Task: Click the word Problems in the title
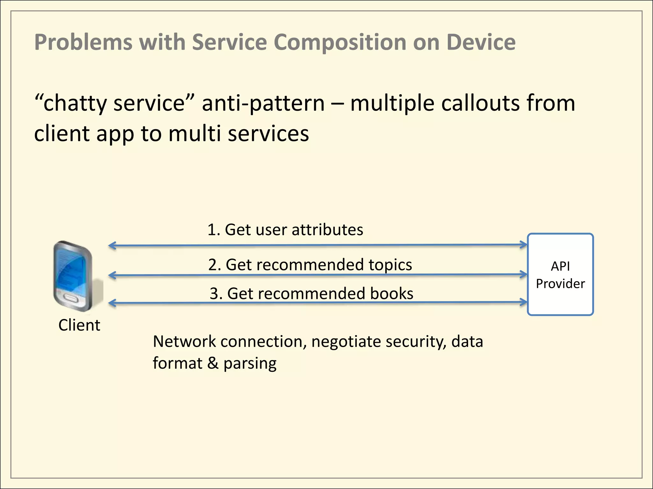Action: tap(83, 42)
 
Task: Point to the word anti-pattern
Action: tap(263, 103)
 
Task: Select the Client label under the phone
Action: tap(79, 325)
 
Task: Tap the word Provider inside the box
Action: tap(560, 284)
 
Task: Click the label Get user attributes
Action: tap(285, 230)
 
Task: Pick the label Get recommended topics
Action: tap(310, 265)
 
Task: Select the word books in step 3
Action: tap(392, 293)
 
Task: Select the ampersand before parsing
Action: tap(213, 363)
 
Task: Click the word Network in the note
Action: tap(184, 341)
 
